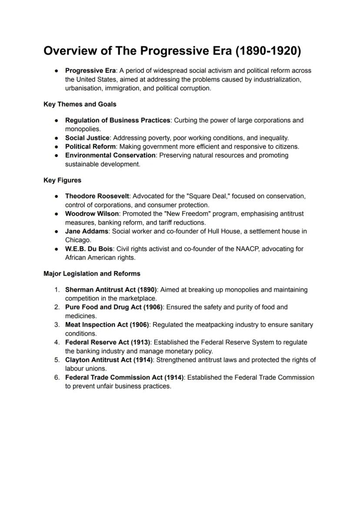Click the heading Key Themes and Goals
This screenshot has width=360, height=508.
[80, 104]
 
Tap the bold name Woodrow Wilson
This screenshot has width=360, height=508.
[92, 214]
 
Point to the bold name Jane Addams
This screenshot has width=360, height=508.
[87, 231]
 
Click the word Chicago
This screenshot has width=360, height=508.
[78, 240]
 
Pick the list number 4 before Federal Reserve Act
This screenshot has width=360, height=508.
[57, 342]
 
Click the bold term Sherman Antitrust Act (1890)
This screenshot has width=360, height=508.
[111, 289]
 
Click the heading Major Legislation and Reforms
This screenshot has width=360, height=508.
[92, 274]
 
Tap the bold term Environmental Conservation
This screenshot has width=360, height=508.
[110, 155]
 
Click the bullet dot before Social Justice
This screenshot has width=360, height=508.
[57, 138]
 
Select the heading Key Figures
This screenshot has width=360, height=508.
[62, 180]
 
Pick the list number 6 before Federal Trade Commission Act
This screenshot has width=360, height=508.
[57, 378]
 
